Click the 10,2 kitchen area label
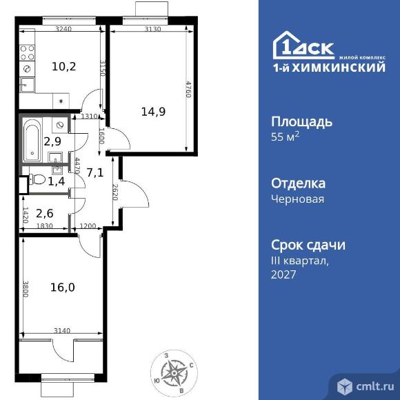pyautogui.click(x=64, y=67)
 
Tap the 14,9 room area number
pyautogui.click(x=153, y=112)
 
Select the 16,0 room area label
pyautogui.click(x=63, y=288)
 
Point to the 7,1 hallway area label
pyautogui.click(x=95, y=173)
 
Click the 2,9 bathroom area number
pyautogui.click(x=52, y=141)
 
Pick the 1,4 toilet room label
pyautogui.click(x=57, y=181)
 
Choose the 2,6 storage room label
pyautogui.click(x=45, y=213)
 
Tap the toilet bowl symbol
pyautogui.click(x=37, y=179)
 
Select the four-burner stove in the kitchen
pyautogui.click(x=27, y=52)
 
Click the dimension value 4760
pyautogui.click(x=188, y=89)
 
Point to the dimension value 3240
pyautogui.click(x=63, y=28)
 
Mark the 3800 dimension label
pyautogui.click(x=26, y=289)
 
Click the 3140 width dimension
pyautogui.click(x=62, y=330)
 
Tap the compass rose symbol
pyautogui.click(x=174, y=372)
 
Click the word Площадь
pyautogui.click(x=301, y=121)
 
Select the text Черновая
pyautogui.click(x=297, y=199)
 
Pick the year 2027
pyautogui.click(x=283, y=274)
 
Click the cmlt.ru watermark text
pyautogui.click(x=375, y=386)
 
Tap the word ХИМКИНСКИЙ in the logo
pyautogui.click(x=339, y=68)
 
